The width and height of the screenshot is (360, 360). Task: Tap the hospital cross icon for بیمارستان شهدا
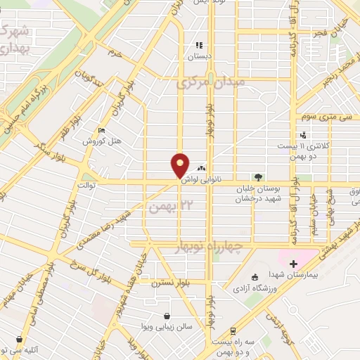click(x=293, y=264)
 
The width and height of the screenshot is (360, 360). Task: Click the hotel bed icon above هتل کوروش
click(x=103, y=131)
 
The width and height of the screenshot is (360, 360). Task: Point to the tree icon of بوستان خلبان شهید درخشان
click(x=259, y=177)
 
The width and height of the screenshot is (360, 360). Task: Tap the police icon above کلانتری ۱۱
click(x=303, y=134)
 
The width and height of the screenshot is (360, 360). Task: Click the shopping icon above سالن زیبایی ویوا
click(x=166, y=316)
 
